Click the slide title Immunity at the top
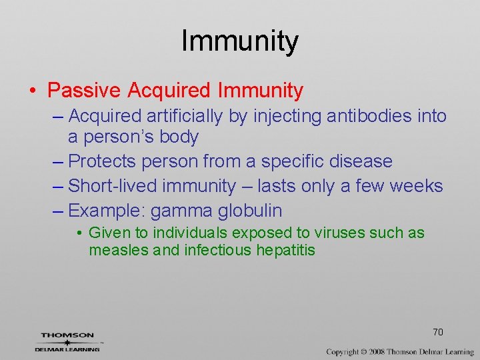pyautogui.click(x=239, y=41)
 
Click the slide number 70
pyautogui.click(x=437, y=332)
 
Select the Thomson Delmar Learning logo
pyautogui.click(x=67, y=341)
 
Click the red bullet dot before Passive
pyautogui.click(x=34, y=90)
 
